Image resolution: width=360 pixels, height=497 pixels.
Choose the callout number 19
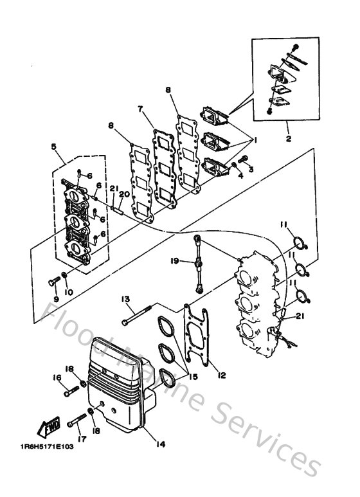(x=174, y=261)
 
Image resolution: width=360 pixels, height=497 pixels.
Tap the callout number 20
(x=125, y=193)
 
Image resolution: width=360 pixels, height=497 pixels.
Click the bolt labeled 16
(x=71, y=390)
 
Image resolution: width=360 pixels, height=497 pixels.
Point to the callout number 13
(x=124, y=299)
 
